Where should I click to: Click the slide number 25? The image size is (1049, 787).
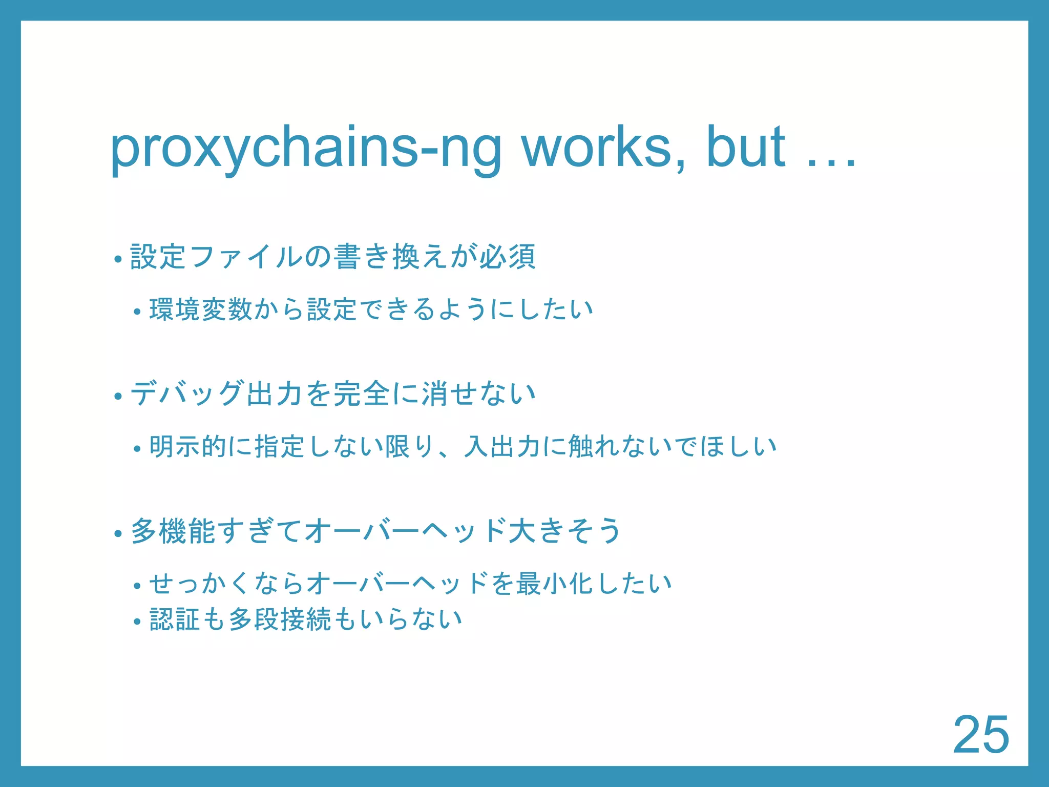pos(981,735)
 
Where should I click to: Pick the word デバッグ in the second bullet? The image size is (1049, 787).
pos(187,393)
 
